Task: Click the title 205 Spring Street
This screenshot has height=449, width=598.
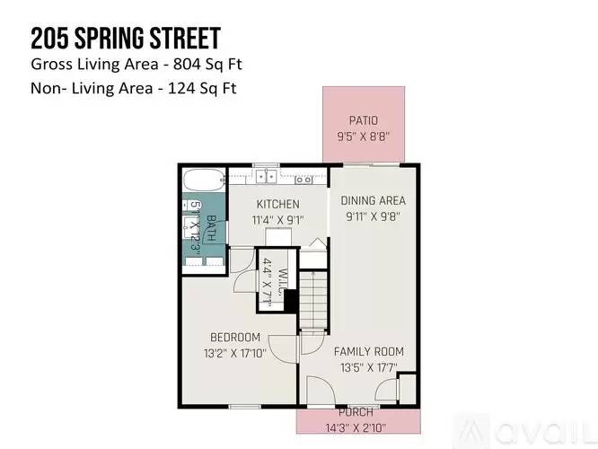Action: [126, 39]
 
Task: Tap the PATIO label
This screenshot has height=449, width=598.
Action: [363, 120]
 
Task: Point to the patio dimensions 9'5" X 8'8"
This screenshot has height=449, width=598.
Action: [363, 137]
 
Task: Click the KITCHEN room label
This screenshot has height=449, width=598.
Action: [277, 204]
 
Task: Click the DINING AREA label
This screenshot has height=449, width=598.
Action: [373, 200]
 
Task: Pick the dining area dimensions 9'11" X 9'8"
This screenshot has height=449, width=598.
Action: [373, 216]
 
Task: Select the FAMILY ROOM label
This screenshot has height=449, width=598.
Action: [368, 351]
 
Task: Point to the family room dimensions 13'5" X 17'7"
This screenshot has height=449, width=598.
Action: [368, 366]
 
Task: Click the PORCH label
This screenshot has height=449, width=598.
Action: [356, 411]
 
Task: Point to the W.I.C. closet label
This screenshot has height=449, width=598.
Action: [281, 282]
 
